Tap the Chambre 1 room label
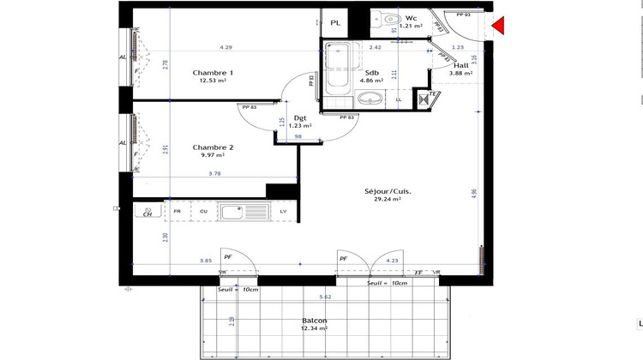[213, 73]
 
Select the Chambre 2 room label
[213, 147]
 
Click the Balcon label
[314, 321]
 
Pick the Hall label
[461, 65]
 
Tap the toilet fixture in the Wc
[388, 17]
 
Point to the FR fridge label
[177, 211]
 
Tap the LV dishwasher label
[282, 211]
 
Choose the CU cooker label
[204, 211]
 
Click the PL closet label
[335, 22]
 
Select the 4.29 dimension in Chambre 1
[226, 47]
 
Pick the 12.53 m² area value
[213, 81]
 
